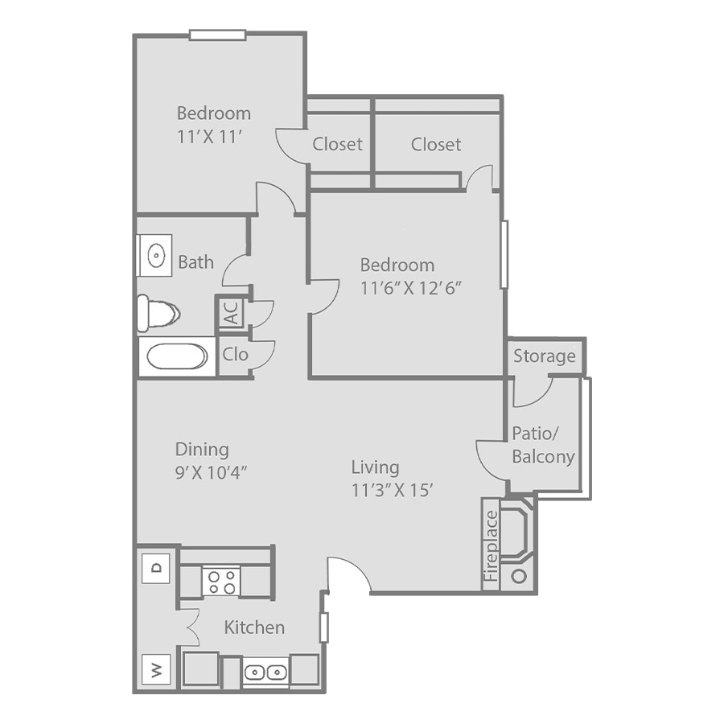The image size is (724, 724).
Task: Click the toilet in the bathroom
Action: tap(158, 314)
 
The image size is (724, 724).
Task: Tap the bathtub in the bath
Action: tap(177, 356)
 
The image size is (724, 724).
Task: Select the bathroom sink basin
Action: tap(157, 255)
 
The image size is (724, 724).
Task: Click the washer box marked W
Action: tap(156, 669)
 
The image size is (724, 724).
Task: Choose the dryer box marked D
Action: tap(156, 567)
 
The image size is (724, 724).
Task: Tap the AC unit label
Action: tap(232, 313)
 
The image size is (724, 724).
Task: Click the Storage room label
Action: tap(545, 356)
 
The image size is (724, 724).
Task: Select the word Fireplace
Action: tap(492, 545)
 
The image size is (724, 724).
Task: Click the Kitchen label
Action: tap(254, 627)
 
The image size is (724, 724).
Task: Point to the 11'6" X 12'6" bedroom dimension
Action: tap(411, 288)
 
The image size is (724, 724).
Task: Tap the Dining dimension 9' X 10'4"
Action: tap(212, 472)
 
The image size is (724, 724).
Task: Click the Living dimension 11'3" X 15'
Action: tap(392, 490)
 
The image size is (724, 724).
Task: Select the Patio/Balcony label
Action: tap(544, 445)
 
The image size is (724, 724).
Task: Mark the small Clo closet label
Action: tap(236, 354)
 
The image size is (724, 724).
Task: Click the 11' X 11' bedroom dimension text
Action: tap(210, 137)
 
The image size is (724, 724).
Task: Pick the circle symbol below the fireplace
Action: tap(520, 576)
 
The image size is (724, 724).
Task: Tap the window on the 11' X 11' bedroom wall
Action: tap(217, 35)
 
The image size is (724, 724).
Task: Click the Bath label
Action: tap(196, 261)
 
